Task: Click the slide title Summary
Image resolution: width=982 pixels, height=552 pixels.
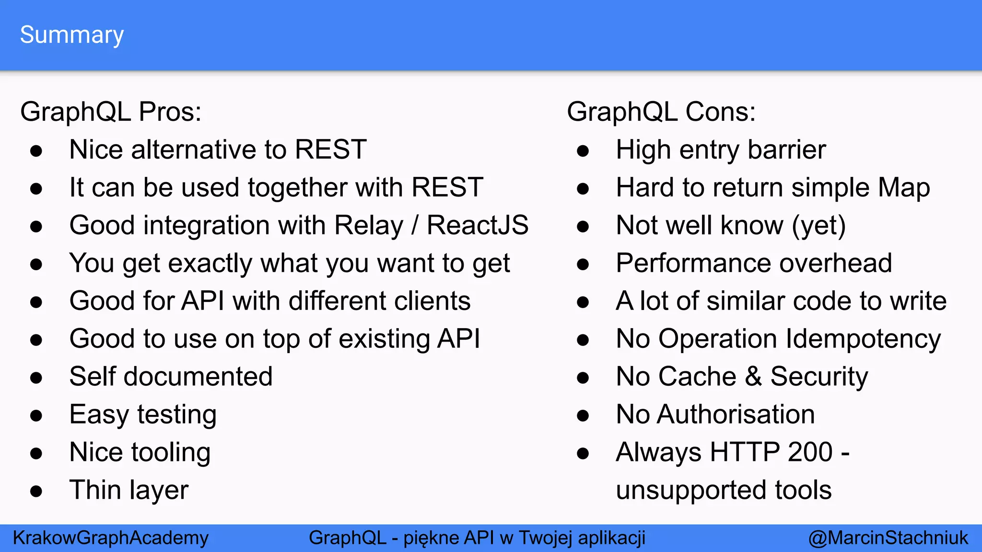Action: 72,35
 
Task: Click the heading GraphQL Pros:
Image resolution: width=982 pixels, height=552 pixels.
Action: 111,112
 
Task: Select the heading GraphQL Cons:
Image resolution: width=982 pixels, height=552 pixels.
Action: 661,112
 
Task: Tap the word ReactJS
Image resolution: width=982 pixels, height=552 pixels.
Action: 478,225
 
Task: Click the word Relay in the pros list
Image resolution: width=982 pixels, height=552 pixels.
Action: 369,225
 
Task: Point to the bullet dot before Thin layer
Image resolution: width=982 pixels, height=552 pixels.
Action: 36,491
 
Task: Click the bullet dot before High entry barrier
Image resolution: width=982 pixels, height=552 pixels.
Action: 583,151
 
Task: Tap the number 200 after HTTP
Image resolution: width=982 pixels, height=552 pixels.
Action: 810,452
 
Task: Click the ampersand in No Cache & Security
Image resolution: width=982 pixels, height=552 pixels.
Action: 753,377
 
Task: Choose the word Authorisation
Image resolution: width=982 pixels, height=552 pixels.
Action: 736,414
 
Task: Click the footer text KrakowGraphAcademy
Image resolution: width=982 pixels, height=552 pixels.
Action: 111,538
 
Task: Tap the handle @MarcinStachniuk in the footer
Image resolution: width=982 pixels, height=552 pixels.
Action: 888,538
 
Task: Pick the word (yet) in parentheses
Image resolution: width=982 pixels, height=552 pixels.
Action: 818,225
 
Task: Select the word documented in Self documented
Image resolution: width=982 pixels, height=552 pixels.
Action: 198,377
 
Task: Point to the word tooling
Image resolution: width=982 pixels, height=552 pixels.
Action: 171,452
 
